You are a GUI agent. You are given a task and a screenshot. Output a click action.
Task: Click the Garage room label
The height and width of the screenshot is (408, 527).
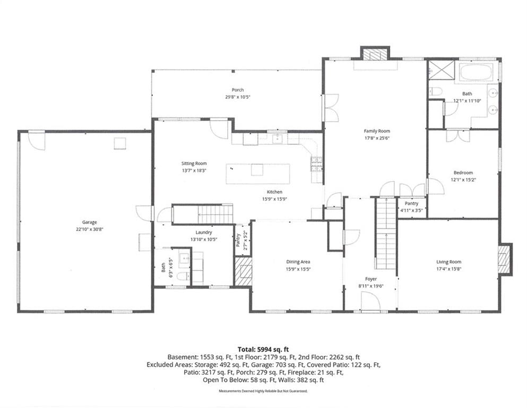89,222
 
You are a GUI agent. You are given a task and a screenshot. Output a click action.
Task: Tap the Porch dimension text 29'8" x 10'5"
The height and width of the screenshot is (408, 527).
238,97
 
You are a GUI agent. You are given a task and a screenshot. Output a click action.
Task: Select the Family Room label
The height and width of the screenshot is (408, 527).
377,131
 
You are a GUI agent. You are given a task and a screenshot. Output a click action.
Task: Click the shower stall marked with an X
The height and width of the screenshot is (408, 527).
442,70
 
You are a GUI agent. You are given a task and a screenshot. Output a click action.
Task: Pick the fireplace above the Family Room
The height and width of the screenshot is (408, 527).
375,55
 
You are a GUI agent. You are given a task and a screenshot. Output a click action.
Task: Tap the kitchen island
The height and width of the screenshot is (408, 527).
258,174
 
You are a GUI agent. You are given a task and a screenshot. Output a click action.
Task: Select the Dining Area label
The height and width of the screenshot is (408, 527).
298,262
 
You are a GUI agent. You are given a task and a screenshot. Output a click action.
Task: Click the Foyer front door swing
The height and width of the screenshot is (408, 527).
371,299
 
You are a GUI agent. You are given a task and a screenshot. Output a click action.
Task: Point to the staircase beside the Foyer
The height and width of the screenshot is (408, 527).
385,233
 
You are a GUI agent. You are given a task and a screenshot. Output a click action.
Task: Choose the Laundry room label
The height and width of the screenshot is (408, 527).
204,233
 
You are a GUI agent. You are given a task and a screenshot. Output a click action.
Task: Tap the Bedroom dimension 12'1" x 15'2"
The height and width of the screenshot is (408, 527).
463,180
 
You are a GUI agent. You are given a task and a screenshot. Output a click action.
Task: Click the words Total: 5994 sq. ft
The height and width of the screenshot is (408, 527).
263,350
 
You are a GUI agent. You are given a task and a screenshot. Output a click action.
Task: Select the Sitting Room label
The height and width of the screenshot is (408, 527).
194,164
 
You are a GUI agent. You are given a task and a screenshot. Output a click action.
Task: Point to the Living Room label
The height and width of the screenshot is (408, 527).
448,262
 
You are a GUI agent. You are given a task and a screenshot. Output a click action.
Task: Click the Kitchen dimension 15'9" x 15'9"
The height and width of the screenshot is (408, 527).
274,199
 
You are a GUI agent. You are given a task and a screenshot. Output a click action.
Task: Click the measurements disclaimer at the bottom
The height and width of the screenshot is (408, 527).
263,391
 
